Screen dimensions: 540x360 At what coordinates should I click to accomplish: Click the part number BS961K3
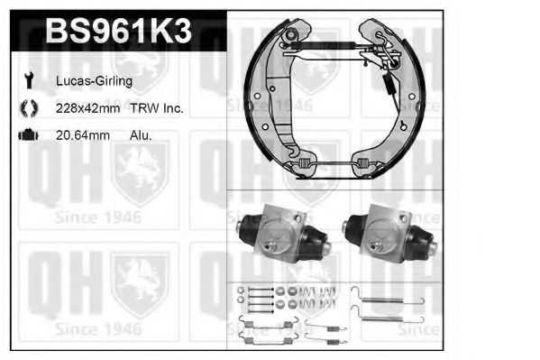coord(118,31)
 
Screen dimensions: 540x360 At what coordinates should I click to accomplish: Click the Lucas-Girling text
coord(94,81)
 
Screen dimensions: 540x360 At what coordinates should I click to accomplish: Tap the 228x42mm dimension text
coord(87,108)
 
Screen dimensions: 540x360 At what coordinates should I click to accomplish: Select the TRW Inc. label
coord(156,108)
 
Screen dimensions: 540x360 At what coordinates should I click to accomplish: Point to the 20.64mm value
coord(83,135)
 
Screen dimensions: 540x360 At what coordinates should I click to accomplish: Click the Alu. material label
coord(141,135)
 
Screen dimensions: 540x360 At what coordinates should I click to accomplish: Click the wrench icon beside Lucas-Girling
coord(29,80)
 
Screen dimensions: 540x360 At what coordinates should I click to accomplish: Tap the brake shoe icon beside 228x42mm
coord(29,108)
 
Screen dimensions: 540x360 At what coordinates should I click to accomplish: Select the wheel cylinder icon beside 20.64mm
coord(29,134)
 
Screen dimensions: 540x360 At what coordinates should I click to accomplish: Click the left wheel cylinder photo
coord(283,233)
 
